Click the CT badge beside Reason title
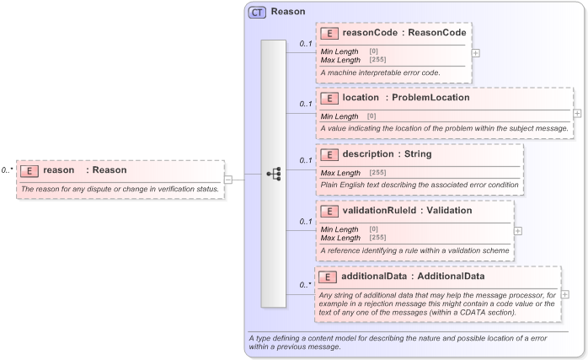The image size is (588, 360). tap(257, 13)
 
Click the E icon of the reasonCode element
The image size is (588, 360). tap(331, 33)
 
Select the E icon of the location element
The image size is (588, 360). tap(331, 98)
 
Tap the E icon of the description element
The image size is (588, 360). tap(331, 154)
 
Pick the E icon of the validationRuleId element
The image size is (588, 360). tap(331, 211)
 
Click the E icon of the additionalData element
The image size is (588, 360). tap(331, 277)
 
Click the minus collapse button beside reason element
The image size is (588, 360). tap(228, 179)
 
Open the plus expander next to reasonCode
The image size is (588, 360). tap(477, 52)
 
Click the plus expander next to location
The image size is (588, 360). tap(577, 113)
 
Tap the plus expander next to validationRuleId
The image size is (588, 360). tap(518, 230)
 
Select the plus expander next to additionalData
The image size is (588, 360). tap(564, 295)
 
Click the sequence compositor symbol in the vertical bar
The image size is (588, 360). tap(274, 173)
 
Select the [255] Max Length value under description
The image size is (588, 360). tap(377, 172)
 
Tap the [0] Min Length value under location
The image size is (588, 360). tap(372, 116)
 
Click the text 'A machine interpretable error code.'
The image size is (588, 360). tap(380, 73)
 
